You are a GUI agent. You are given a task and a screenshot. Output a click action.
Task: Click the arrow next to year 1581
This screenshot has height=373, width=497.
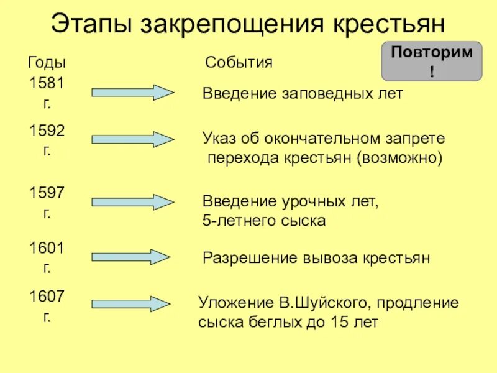pyautogui.click(x=133, y=93)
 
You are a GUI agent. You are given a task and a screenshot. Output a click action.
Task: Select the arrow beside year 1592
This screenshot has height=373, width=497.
pyautogui.click(x=133, y=139)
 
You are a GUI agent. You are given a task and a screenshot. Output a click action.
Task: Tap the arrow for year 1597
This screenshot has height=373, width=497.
pyautogui.click(x=133, y=202)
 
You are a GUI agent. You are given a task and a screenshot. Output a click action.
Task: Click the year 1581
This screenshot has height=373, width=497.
pyautogui.click(x=47, y=83)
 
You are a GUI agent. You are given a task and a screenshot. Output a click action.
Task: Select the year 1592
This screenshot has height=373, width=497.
pyautogui.click(x=47, y=131)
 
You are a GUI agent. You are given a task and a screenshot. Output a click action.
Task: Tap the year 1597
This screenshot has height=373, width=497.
pyautogui.click(x=47, y=193)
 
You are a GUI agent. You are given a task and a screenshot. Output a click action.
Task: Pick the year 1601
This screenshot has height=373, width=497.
pyautogui.click(x=47, y=248)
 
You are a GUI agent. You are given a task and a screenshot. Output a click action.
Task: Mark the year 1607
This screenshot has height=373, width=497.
pyautogui.click(x=47, y=296)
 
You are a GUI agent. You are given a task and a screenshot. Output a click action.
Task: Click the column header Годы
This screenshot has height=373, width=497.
pyautogui.click(x=47, y=63)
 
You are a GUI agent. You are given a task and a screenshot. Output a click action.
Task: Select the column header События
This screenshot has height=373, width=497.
pyautogui.click(x=239, y=63)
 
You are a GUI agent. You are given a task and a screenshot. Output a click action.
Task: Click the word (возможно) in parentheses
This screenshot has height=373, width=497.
pyautogui.click(x=399, y=158)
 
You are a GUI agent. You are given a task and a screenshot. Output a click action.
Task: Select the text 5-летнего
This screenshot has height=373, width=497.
pyautogui.click(x=235, y=221)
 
